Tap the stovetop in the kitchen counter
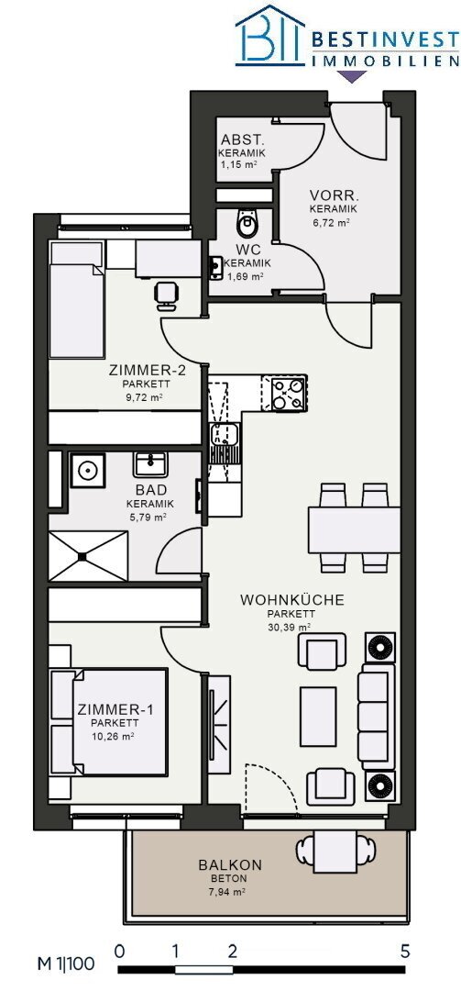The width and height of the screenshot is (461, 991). pos(289,393)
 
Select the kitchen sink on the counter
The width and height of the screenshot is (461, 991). pos(223,436)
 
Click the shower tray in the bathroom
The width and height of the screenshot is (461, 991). pos(88,556)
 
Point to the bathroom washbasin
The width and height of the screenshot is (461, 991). pos(149,464)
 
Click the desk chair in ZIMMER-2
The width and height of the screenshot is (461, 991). pos(166,295)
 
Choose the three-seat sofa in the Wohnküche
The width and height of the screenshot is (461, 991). pos(377,716)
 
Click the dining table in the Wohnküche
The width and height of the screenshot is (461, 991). pos(354,529)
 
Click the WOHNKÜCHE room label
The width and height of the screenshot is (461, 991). pos(292,600)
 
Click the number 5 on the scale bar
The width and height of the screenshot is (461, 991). pos(405,952)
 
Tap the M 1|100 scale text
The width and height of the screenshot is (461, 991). pos(66,963)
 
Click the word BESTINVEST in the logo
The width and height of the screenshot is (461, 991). pos(385,41)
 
